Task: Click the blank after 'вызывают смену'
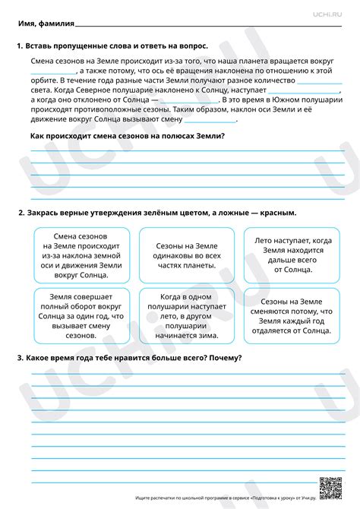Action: pos(216,119)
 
